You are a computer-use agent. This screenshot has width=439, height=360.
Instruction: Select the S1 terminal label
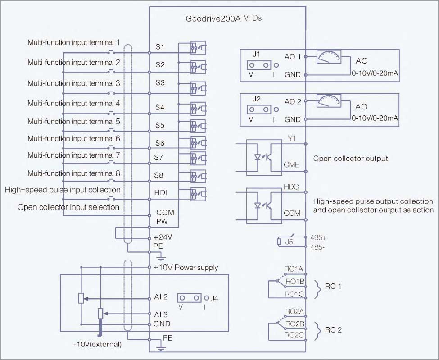pos(160,47)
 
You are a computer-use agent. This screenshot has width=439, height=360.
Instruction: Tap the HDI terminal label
pos(161,192)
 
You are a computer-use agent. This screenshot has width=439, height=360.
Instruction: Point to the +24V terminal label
pos(163,237)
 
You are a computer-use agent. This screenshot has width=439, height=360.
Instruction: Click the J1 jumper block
pos(259,65)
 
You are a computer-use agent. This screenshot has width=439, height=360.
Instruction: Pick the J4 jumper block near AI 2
pos(189,298)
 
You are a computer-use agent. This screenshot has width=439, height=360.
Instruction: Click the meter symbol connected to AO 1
pos(329,57)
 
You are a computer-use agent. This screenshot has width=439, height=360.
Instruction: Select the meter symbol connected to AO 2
pos(329,100)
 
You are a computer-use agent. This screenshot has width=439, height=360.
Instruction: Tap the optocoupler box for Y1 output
pos(264,157)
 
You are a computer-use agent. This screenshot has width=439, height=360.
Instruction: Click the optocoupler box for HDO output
pos(264,206)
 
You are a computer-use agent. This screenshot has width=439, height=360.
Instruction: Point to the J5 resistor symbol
pos(279,242)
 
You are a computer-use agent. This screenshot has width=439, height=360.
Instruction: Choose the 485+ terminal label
pos(318,238)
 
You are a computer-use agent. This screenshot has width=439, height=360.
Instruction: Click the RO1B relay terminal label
pos(295,281)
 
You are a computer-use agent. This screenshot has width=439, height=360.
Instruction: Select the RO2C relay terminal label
pos(294,335)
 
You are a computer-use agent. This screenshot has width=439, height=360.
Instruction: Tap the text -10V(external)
pos(97,344)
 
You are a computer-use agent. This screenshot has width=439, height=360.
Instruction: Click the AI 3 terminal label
pos(161,314)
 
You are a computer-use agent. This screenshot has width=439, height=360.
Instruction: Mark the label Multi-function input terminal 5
pos(74,122)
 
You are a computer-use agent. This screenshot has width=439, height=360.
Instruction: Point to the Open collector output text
pos(351,159)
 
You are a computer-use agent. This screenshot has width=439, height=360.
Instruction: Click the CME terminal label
pos(291,165)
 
